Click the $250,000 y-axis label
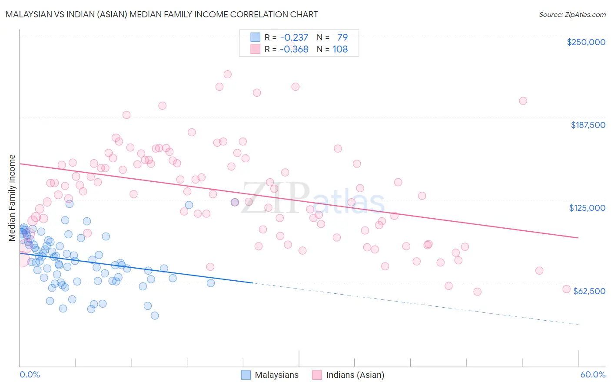click(586, 42)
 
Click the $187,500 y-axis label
click(588, 125)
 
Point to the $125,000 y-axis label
click(587, 208)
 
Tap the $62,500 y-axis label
click(589, 291)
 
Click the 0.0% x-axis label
click(30, 374)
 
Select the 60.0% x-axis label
click(592, 374)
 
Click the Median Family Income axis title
click(12, 197)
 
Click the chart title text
click(162, 14)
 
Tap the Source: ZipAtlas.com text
click(572, 14)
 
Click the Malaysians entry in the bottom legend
click(276, 375)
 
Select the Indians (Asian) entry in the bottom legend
click(355, 375)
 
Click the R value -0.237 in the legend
click(294, 37)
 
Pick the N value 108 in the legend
click(340, 49)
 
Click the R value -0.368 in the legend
click(294, 49)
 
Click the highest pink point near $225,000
click(227, 74)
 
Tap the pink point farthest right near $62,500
click(566, 289)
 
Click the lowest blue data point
click(155, 315)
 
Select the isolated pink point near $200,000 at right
click(523, 101)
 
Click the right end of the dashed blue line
click(578, 325)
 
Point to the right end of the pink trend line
click(578, 238)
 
